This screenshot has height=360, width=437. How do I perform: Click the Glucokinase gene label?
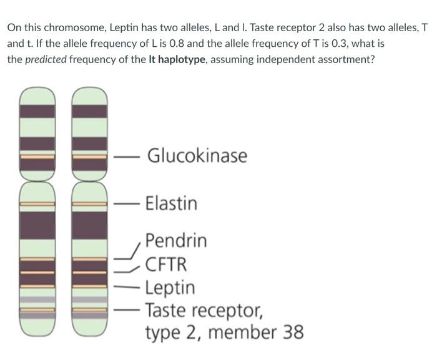[x=197, y=155]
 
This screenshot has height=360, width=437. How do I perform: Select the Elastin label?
[x=171, y=203]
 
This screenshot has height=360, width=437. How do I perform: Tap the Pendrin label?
[x=176, y=241]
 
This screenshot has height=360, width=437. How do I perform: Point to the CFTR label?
[x=165, y=265]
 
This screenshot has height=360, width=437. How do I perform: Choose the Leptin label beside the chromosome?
[x=170, y=288]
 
